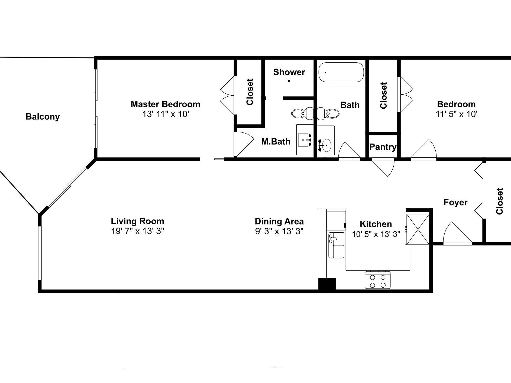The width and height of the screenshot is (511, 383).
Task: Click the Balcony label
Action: click(43, 117)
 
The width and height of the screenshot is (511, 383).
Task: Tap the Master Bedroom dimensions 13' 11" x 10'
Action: click(166, 114)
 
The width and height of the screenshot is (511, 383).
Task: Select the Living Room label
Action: click(137, 221)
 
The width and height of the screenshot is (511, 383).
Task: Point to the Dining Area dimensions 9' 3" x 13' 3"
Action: click(279, 231)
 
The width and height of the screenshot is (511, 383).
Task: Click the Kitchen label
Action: click(376, 224)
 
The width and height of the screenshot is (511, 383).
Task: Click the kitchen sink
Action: click(337, 245)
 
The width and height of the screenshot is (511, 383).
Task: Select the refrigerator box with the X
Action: click(417, 229)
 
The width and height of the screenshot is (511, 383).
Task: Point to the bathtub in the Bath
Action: click(341, 72)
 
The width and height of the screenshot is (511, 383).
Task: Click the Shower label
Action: click(289, 72)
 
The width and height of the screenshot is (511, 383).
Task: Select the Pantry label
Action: click(383, 147)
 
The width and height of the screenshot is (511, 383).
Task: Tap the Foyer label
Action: click(455, 202)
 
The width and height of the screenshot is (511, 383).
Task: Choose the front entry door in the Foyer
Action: click(457, 233)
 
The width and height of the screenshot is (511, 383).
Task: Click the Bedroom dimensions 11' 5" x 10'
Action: click(456, 114)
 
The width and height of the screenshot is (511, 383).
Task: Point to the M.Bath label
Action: click(276, 141)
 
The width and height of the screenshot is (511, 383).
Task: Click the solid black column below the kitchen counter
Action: click(327, 284)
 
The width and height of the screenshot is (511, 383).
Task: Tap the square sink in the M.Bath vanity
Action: click(305, 140)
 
